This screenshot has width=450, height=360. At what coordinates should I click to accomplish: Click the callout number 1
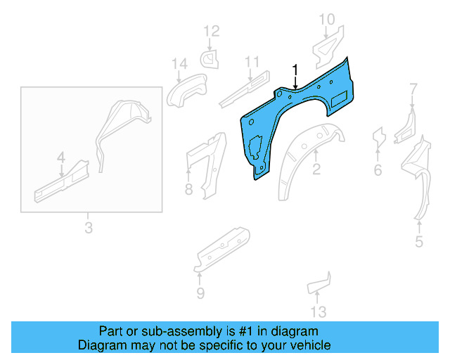point(295,70)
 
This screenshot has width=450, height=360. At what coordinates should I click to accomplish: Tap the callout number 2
point(316,169)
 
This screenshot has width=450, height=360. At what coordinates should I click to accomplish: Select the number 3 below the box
point(88,227)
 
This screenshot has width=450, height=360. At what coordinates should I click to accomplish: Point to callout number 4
point(61,156)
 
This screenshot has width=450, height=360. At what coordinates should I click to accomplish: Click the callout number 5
point(419,243)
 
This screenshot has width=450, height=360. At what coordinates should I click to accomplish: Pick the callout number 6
point(378,170)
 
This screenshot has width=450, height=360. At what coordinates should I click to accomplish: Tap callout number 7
point(413,89)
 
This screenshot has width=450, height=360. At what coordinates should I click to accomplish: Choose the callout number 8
point(188,188)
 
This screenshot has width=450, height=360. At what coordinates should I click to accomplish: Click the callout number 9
point(200,293)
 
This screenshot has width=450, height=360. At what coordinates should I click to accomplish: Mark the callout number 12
point(212,31)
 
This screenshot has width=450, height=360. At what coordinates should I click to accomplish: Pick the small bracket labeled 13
point(320,283)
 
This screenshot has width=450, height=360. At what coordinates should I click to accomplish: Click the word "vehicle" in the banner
point(308,345)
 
